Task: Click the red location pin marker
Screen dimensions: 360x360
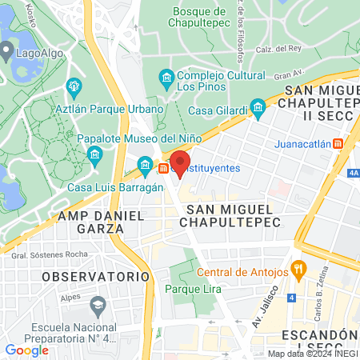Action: click(180, 162)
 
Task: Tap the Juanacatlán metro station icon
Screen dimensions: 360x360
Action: click(338, 144)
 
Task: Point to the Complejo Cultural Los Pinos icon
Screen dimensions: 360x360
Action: click(167, 78)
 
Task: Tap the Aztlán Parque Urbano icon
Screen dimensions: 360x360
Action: click(74, 86)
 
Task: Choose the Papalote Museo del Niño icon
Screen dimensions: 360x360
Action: click(94, 153)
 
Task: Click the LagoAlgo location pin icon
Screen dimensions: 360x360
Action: click(7, 53)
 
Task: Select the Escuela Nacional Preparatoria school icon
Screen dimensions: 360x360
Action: click(98, 305)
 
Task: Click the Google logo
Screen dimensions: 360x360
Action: click(26, 350)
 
